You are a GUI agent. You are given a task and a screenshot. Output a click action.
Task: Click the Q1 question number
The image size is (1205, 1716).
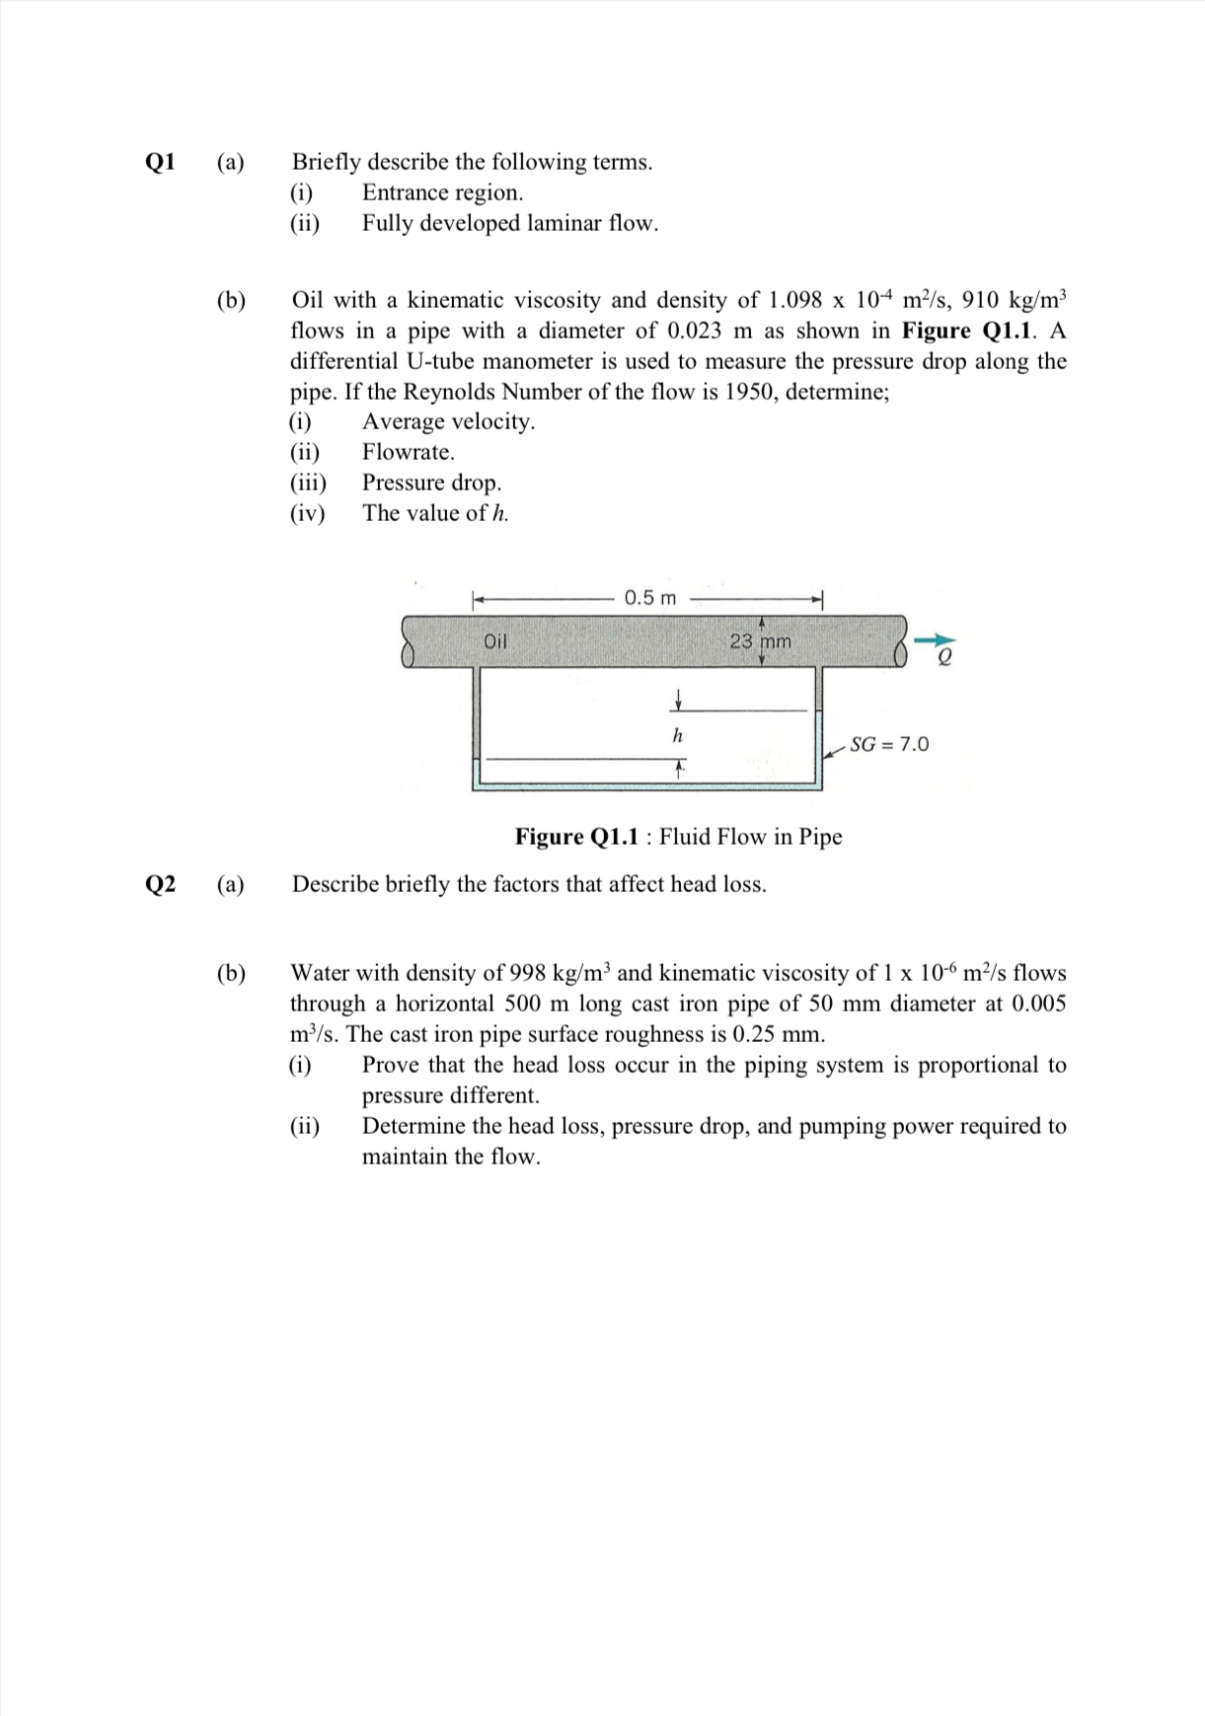tap(160, 162)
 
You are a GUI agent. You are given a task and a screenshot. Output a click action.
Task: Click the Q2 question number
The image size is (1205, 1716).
tap(160, 884)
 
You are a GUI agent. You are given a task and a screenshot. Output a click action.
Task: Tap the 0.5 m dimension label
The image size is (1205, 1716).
tap(650, 598)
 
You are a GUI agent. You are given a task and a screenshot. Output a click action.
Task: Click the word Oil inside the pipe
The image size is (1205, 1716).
tap(495, 641)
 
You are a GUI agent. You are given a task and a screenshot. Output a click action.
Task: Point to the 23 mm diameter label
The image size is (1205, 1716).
tap(760, 641)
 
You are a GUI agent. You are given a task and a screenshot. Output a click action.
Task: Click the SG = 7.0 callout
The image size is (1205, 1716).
tap(888, 744)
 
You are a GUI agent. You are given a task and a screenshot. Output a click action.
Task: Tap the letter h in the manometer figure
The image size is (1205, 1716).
tap(677, 736)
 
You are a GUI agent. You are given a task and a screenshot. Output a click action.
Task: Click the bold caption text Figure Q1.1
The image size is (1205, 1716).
tap(576, 837)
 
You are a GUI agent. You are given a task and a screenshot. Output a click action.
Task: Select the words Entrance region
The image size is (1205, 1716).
tap(442, 192)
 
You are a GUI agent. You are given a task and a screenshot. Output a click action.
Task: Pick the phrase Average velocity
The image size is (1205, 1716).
tap(448, 421)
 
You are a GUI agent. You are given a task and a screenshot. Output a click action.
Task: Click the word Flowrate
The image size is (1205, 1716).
tap(408, 452)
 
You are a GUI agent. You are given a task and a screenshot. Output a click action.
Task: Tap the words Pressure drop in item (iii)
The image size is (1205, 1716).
tap(431, 483)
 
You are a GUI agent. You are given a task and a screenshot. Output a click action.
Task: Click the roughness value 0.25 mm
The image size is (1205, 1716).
tap(779, 1034)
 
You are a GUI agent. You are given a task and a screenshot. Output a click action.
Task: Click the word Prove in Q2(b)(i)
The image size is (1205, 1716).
tap(391, 1065)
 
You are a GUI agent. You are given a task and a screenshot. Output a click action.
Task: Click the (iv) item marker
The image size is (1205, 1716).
tap(307, 513)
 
